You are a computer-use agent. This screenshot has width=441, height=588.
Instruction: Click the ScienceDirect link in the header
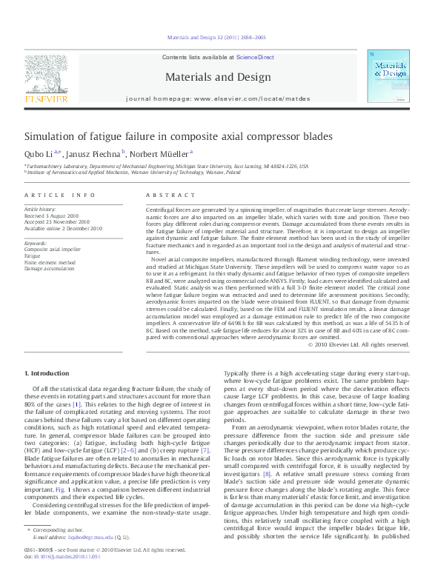click(x=255, y=57)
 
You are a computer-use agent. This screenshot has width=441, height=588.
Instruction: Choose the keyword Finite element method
click(x=50, y=263)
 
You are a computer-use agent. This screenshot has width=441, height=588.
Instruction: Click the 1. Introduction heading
click(x=47, y=372)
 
